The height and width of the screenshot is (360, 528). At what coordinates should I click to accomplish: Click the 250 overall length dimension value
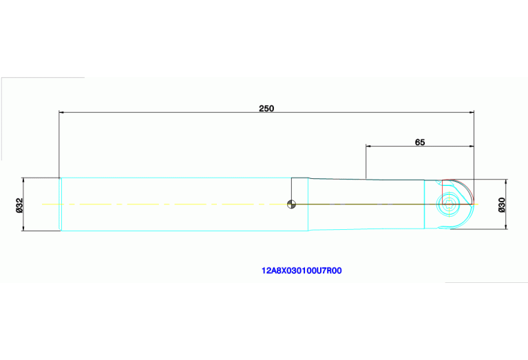(266, 108)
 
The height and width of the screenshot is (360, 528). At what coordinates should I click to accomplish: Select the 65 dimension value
(420, 142)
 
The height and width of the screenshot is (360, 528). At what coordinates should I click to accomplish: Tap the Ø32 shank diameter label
(20, 204)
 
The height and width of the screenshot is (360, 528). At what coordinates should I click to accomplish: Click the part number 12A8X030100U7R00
(302, 271)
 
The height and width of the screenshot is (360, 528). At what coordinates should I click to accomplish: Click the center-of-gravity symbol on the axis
(292, 204)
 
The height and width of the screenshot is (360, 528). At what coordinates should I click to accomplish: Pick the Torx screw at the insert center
(450, 204)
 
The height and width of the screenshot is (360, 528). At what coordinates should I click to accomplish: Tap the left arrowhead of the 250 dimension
(63, 112)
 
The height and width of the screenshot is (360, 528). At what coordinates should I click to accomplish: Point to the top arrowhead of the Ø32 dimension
(23, 180)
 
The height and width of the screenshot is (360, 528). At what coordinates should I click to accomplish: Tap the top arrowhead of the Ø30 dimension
(506, 182)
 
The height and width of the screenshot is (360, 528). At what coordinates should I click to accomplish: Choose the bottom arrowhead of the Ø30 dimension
(506, 226)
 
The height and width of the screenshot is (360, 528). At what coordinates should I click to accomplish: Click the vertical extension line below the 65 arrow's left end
(366, 165)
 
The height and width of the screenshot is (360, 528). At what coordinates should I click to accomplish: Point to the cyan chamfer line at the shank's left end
(61, 204)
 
